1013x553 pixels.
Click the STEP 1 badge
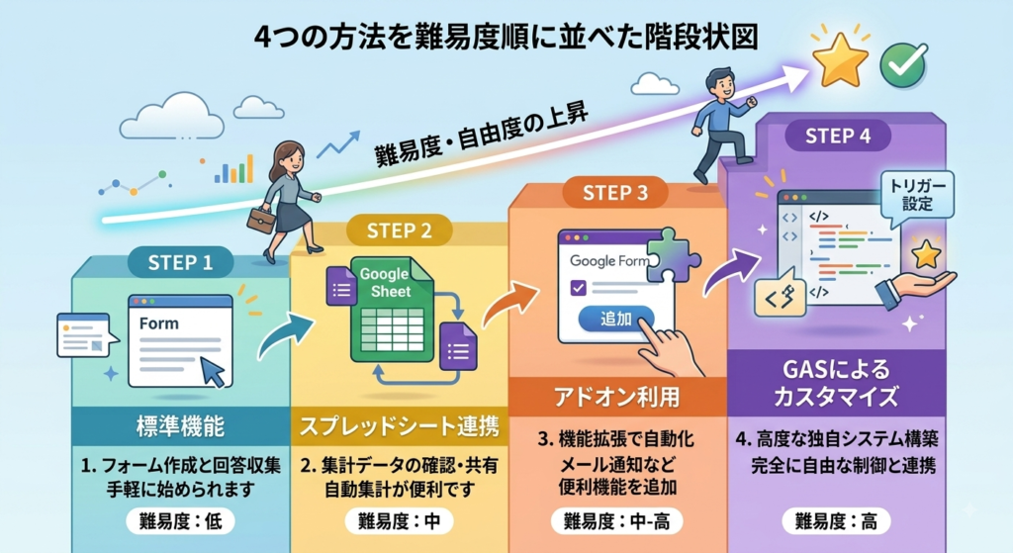[180, 262]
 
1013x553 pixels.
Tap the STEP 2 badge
[399, 230]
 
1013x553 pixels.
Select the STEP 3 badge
[615, 193]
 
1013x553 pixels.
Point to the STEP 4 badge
[838, 136]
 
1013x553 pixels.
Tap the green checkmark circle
[903, 64]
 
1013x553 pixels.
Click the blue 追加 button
[615, 319]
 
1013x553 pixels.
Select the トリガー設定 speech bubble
[917, 196]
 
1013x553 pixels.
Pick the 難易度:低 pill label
[180, 520]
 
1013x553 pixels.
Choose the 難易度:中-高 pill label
[617, 520]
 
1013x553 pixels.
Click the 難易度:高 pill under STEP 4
[836, 520]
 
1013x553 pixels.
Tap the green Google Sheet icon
[392, 309]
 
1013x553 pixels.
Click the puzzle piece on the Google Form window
[670, 254]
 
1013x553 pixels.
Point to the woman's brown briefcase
[261, 220]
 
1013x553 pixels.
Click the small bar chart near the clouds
[233, 169]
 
